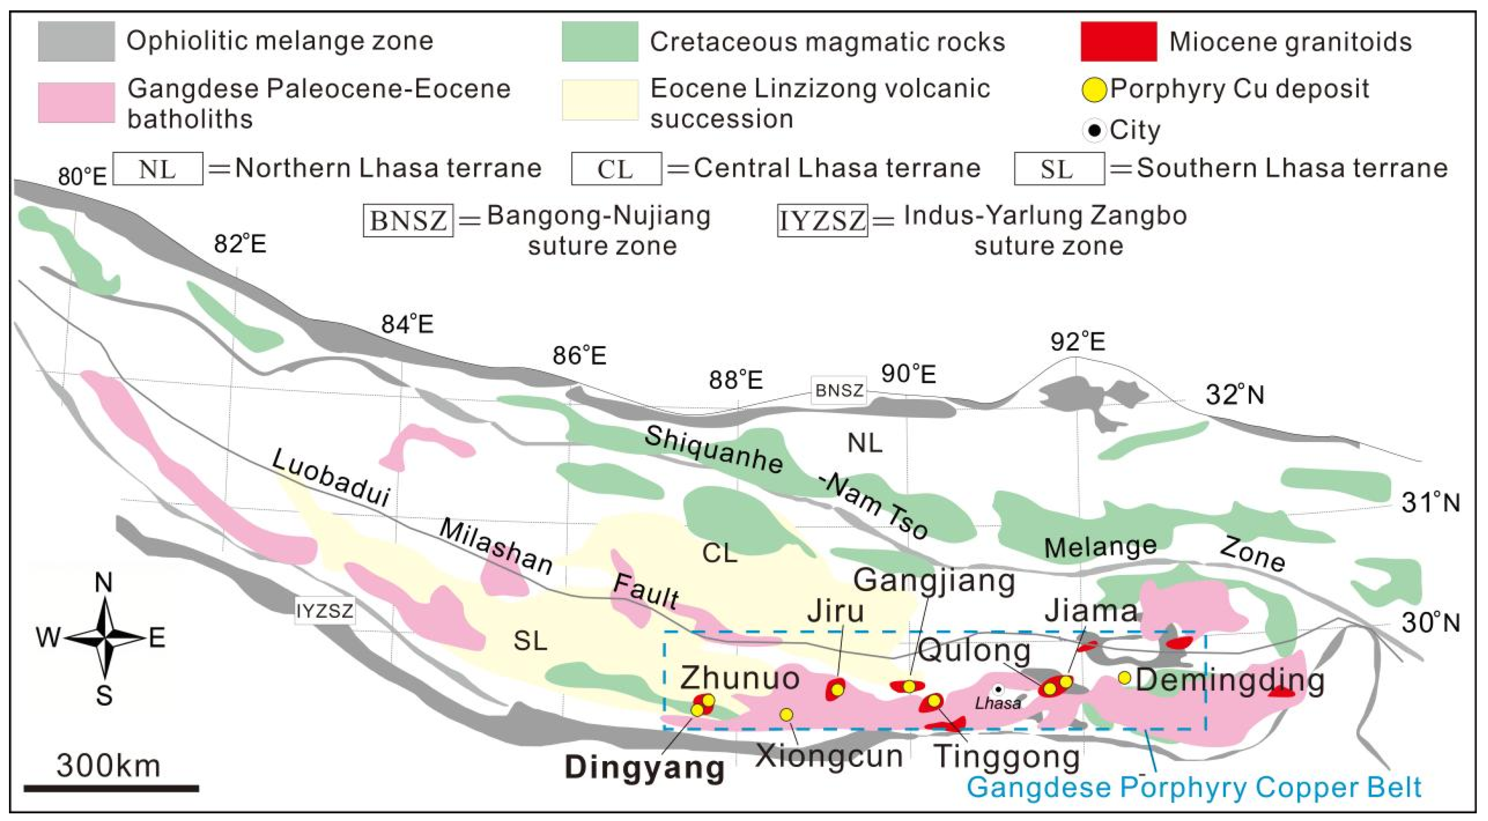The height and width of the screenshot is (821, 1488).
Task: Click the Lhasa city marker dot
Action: (x=998, y=690)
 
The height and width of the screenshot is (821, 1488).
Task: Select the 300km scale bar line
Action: (x=111, y=788)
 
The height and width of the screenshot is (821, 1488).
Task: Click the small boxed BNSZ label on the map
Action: (x=839, y=391)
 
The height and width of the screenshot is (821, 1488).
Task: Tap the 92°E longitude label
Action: (x=1077, y=342)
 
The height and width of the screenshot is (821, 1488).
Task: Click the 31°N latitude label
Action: (x=1430, y=503)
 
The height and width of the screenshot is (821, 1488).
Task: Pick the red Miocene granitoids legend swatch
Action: (x=1118, y=41)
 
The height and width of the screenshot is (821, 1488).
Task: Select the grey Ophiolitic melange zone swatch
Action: (x=76, y=41)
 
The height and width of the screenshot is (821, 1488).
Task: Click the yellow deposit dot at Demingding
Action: (x=1124, y=678)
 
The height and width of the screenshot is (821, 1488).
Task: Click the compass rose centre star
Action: (x=105, y=639)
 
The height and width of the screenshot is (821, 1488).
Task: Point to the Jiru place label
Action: (x=835, y=611)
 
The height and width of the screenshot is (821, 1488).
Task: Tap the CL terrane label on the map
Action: (x=719, y=553)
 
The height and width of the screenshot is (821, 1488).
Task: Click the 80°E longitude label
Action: (x=82, y=177)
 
